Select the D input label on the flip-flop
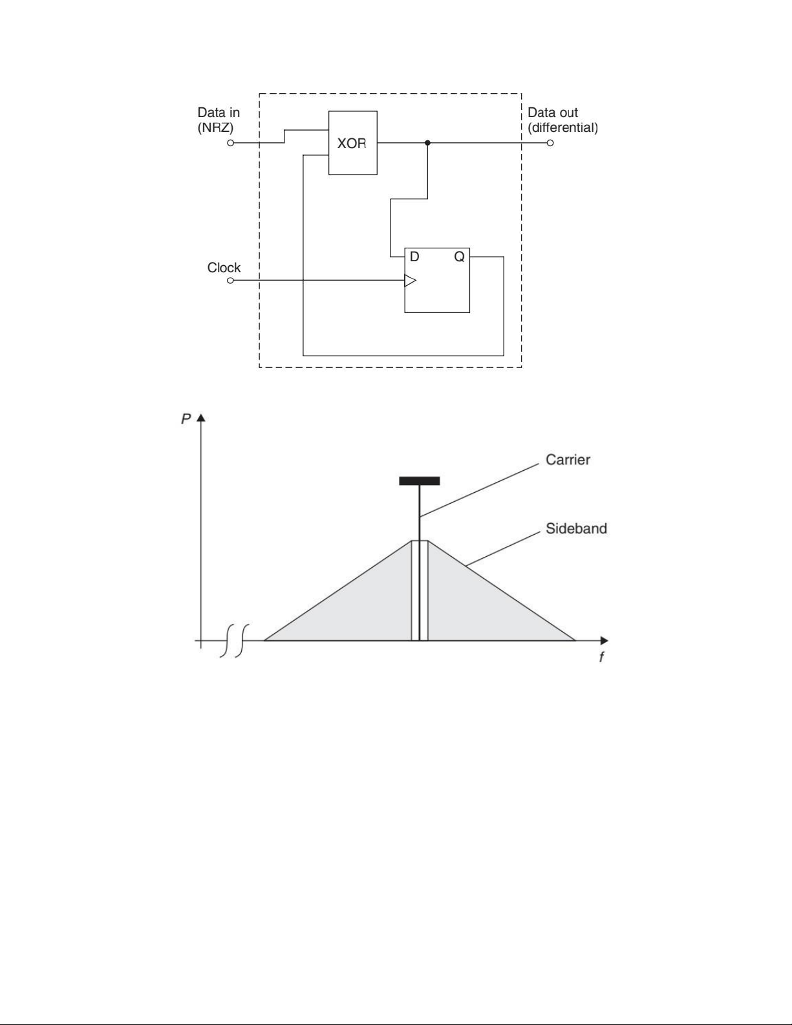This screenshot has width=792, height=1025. tap(414, 257)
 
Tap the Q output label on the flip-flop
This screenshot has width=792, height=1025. tap(459, 257)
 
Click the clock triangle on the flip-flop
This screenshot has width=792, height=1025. tap(410, 281)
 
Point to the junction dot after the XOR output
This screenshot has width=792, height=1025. tap(427, 142)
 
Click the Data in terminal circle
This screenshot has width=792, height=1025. tap(231, 143)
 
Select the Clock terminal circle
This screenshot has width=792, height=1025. tap(231, 281)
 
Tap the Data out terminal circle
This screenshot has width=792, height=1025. tap(550, 143)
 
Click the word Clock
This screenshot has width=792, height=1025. tap(224, 268)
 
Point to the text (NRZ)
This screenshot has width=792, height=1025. tap(215, 127)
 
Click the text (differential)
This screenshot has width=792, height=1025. tap(563, 127)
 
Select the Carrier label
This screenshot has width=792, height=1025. tap(568, 460)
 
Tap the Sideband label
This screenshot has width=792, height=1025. tap(576, 528)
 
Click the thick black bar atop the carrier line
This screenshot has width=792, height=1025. tap(420, 481)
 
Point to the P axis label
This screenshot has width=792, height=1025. tap(186, 419)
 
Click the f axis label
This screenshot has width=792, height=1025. tap(601, 657)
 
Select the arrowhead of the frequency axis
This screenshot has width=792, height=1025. tap(604, 641)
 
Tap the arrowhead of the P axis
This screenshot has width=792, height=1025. tap(201, 418)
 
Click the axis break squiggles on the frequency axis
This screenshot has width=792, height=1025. tap(234, 641)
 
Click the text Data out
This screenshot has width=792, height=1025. tap(553, 113)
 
